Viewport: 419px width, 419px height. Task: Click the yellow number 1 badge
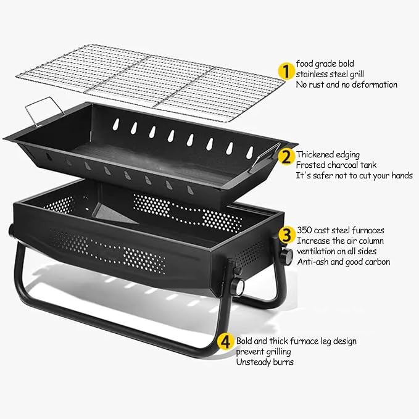pos(286,72)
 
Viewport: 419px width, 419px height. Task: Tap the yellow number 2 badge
pos(286,157)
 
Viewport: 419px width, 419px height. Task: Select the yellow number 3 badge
pos(287,235)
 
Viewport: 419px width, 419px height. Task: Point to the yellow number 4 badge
pos(225,341)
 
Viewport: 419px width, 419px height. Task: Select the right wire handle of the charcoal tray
pos(265,157)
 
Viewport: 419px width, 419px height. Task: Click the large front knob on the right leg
pos(238,288)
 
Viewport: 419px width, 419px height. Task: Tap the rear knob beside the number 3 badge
pos(286,256)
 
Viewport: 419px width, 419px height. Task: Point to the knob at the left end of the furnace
pos(11,230)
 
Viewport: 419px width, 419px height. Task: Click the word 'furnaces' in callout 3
pos(368,230)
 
